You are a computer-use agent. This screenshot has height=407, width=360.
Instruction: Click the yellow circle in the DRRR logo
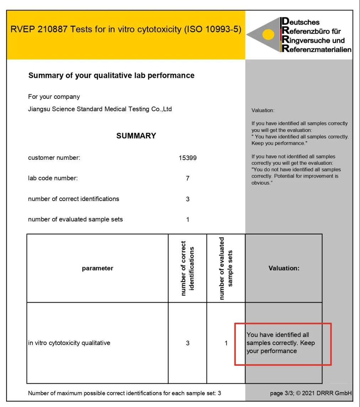pos(268,35)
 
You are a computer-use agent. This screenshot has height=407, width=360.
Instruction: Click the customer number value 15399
pos(187,158)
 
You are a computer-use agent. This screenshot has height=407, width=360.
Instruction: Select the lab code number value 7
pos(187,179)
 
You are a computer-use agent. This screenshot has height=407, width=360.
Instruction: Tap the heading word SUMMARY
pos(136,136)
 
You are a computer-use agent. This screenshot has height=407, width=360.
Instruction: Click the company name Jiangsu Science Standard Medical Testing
pos(100,109)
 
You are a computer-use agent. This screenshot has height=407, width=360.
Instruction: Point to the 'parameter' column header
pos(97,268)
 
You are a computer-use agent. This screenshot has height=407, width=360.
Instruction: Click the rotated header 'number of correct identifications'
pos(187,268)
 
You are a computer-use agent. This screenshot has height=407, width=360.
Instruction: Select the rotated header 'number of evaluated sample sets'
pos(226,268)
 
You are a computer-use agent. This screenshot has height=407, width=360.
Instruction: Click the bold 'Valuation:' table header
pos(284,268)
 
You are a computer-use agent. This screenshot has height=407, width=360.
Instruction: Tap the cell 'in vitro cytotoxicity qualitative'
pos(69,343)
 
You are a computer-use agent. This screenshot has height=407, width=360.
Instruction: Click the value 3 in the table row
pos(187,343)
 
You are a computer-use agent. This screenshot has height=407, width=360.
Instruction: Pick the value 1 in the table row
pos(226,343)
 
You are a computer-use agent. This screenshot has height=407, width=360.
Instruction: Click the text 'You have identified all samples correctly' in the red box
pos(280,343)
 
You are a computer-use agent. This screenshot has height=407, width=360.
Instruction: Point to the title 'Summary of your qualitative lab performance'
pos(111,75)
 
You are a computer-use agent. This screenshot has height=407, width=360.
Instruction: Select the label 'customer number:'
pos(54,158)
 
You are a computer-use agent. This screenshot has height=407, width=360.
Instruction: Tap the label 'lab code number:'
pos(53,179)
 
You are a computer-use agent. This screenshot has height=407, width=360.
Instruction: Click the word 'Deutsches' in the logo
pos(301,22)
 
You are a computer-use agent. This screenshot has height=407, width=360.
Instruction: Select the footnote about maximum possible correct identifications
pos(125,393)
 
